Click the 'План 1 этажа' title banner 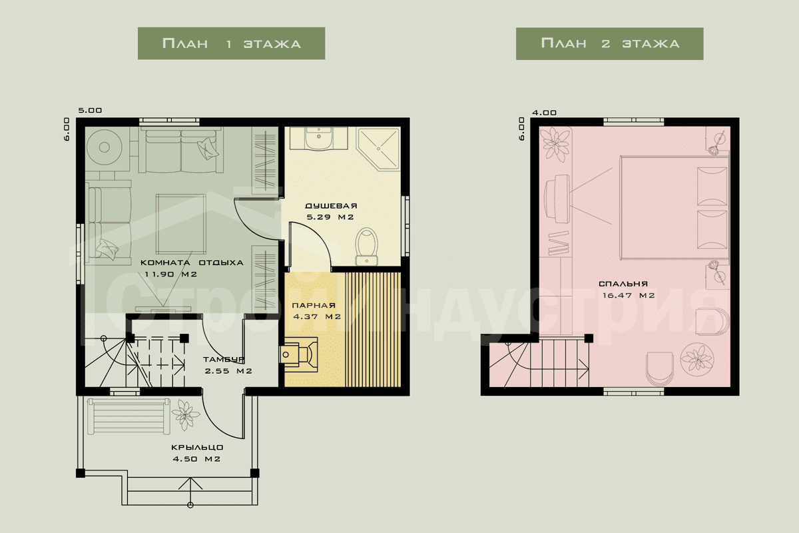(x=231, y=43)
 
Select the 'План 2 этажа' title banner (x=610, y=43)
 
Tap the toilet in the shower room (x=367, y=247)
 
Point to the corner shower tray (x=378, y=149)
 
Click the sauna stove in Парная (x=298, y=355)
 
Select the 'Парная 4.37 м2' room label (x=317, y=311)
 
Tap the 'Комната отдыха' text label (x=192, y=263)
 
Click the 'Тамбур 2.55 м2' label (x=228, y=365)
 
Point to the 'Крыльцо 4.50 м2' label (x=197, y=453)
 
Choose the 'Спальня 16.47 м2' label (x=628, y=290)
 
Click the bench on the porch (x=129, y=416)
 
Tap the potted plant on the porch (x=186, y=415)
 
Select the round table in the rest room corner (x=104, y=147)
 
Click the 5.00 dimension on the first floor (x=90, y=111)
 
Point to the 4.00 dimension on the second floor (x=544, y=113)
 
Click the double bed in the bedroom (x=674, y=207)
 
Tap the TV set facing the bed (x=557, y=199)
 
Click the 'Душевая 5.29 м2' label (x=331, y=211)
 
